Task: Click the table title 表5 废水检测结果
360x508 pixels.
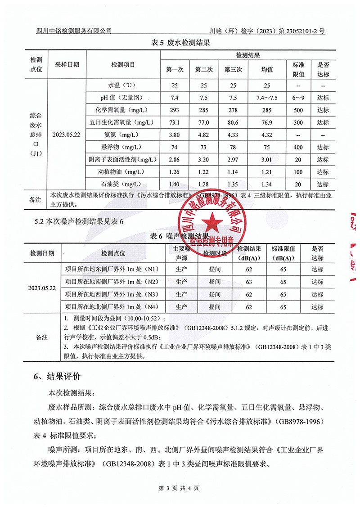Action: [180, 43]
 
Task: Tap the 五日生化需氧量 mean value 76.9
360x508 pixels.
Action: [267, 122]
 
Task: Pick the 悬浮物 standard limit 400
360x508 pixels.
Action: [299, 147]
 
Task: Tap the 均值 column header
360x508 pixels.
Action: [267, 70]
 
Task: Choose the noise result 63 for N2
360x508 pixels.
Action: [248, 282]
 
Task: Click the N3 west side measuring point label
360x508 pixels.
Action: [112, 295]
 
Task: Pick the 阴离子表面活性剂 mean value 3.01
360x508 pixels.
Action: [267, 160]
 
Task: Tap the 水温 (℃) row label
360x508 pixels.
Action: [123, 85]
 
